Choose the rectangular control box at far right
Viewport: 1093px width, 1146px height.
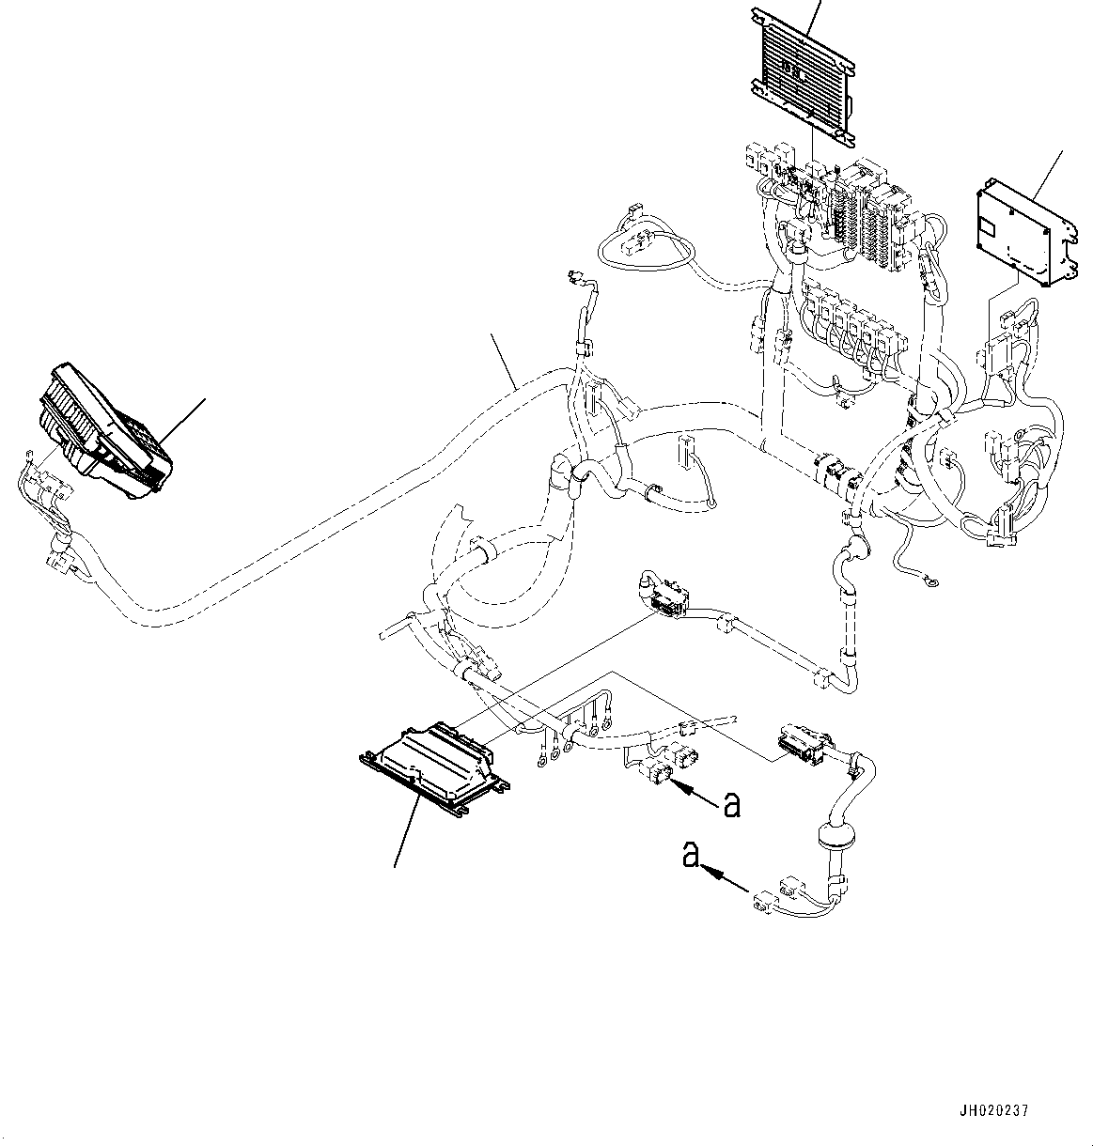pos(1025,231)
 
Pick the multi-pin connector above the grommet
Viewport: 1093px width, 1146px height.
pos(802,742)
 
